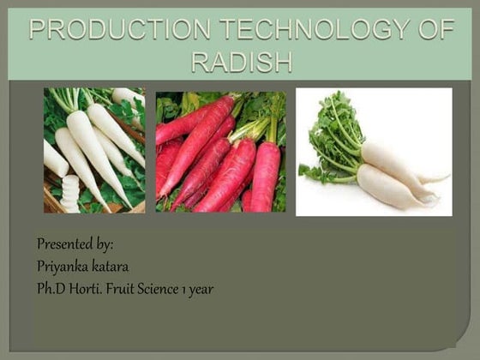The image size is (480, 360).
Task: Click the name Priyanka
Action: pos(63,267)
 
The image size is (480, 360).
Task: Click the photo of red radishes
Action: pos(220,152)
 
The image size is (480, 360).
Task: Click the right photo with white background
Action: pos(373,152)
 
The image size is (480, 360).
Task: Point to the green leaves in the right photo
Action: pos(330,137)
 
